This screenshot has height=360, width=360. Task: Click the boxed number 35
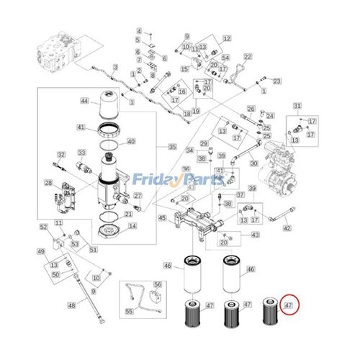[171, 147]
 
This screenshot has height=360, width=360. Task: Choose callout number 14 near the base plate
[132, 225]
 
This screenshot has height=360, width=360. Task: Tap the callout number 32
[61, 154]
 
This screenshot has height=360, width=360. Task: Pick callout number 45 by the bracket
[162, 217]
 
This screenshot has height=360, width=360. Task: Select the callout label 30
[253, 163]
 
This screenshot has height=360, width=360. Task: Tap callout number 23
[276, 81]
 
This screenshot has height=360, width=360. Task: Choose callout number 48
[71, 305]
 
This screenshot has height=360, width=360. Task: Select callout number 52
[43, 228]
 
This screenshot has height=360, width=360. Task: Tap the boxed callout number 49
[41, 251]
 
